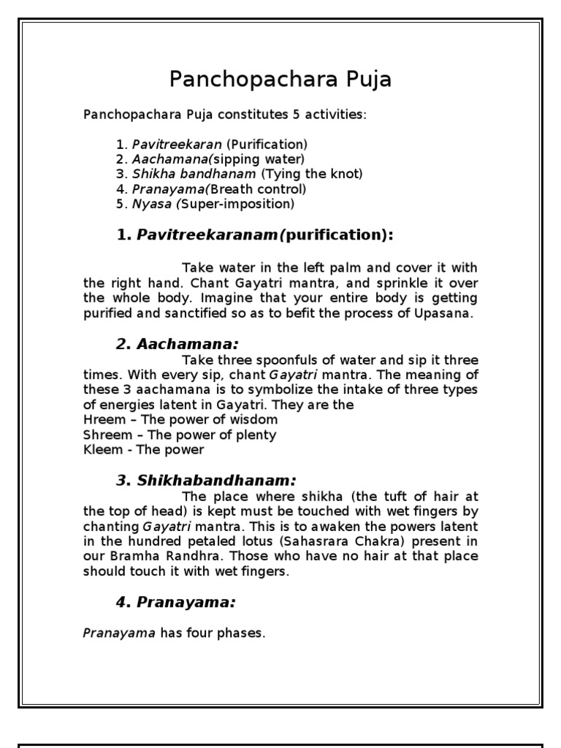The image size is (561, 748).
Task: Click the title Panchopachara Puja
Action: tap(280, 79)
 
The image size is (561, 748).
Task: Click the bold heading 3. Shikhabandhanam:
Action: tap(206, 480)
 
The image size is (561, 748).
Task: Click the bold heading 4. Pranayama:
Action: tap(176, 602)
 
